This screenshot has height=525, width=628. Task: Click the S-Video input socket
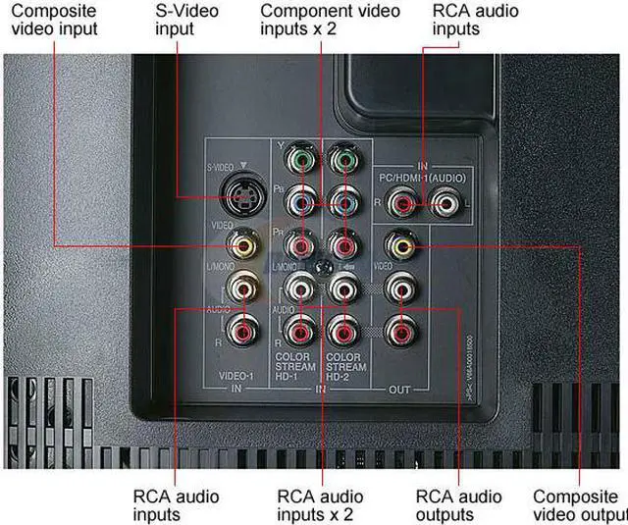point(241,195)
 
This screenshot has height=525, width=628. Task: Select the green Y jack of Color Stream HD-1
point(301,159)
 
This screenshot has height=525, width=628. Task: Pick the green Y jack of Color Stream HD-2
point(342,159)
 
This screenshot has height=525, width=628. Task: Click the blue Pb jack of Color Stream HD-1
point(301,201)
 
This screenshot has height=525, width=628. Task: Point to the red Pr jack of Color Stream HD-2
point(342,242)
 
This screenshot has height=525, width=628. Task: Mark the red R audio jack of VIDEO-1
point(241,331)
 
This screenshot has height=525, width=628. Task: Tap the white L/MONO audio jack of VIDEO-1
point(241,287)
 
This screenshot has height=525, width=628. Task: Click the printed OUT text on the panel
point(399,391)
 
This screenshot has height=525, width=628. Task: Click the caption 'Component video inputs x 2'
point(330,20)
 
